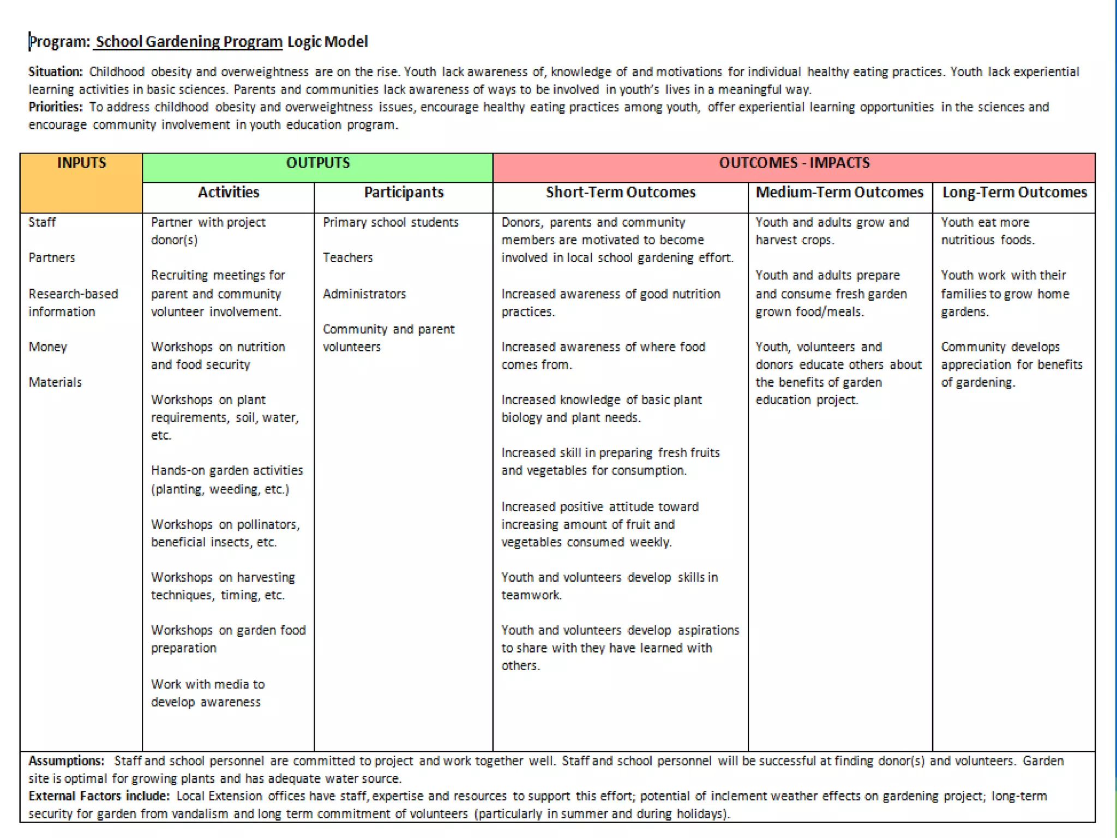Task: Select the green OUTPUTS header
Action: click(318, 163)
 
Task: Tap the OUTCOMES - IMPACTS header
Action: click(794, 163)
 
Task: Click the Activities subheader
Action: click(229, 193)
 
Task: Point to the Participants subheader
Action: click(404, 193)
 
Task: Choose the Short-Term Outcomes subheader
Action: click(621, 193)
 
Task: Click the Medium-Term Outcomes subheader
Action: click(839, 193)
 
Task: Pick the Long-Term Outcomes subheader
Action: click(1014, 193)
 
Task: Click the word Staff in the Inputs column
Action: click(42, 223)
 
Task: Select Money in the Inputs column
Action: click(48, 347)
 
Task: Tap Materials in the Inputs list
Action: click(55, 382)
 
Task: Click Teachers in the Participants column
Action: click(347, 258)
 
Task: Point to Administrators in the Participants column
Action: click(364, 294)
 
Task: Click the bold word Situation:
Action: click(56, 72)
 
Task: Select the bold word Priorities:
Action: click(56, 107)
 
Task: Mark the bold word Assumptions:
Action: click(66, 761)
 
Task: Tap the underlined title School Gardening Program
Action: click(189, 42)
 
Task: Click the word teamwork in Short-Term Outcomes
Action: click(531, 595)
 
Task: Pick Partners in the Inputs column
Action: click(52, 258)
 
